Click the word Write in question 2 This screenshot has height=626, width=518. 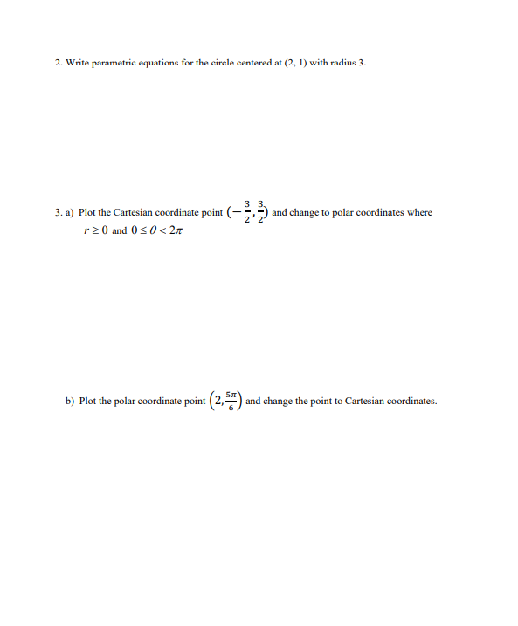pos(79,63)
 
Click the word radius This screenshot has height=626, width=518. pos(342,63)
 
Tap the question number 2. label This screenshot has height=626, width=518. pos(59,63)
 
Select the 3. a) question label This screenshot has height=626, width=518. pos(64,213)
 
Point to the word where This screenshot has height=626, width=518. pos(418,213)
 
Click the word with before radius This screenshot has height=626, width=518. pos(318,63)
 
